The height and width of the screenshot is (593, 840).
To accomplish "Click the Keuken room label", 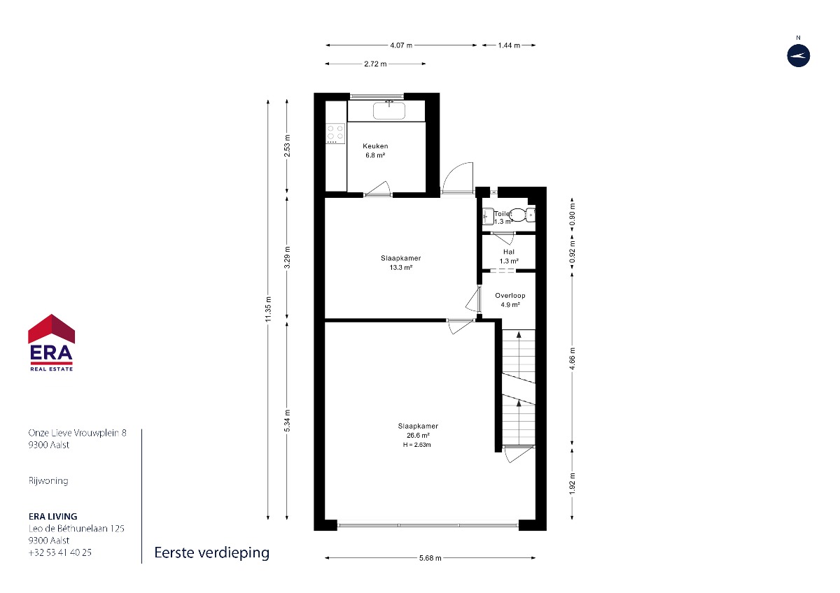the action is pos(375,146).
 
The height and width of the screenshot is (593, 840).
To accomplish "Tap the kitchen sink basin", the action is pos(389,110).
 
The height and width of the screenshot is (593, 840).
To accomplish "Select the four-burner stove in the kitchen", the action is pos(335,134).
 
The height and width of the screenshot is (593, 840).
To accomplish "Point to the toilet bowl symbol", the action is pos(518,215).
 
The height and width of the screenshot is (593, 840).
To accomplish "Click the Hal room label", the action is pos(509,252).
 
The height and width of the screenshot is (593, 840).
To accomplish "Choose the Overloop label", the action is pos(510,296).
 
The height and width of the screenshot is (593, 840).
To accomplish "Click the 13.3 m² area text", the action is pos(401,267).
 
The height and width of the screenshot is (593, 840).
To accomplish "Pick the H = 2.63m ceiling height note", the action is pos(416,445).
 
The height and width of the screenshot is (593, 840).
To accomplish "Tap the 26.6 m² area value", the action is pos(418,435).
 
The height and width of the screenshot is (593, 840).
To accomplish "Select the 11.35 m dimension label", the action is pos(268,309).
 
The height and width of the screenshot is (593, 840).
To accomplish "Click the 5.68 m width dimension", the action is pos(430,558).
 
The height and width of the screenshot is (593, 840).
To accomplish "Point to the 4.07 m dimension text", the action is pos(401,45).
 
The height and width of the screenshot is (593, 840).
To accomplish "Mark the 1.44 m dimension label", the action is pos(509,45).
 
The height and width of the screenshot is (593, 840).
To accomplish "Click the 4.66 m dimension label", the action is pos(573,359).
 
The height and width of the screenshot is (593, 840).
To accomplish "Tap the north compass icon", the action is pos(799,56).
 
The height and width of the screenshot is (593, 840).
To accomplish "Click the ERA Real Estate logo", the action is pos(51,343).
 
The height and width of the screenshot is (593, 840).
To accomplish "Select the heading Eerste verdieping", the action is pos(212,552).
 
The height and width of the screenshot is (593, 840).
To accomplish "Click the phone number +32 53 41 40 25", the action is pos(60,552).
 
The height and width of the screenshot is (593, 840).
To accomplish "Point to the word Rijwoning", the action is pos(48,480).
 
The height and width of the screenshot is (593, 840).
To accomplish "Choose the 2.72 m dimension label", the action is pos(375,64).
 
